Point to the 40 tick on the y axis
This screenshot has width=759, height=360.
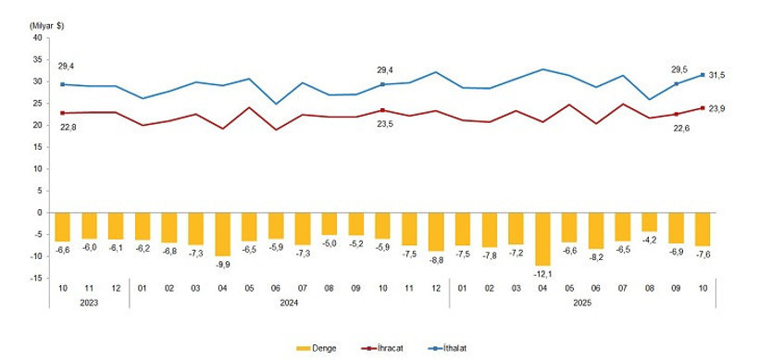click(x=40, y=37)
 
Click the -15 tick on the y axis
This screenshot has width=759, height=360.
click(x=38, y=278)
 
